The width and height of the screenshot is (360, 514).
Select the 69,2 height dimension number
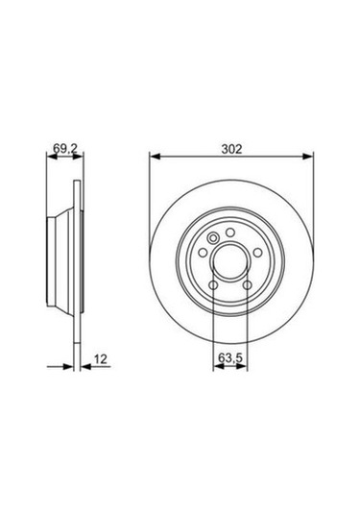pyautogui.click(x=64, y=148)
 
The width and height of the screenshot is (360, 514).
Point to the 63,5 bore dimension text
pyautogui.click(x=228, y=358)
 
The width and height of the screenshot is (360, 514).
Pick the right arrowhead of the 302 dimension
pyautogui.click(x=308, y=158)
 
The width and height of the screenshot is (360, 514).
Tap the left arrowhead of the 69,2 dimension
pyautogui.click(x=51, y=158)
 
